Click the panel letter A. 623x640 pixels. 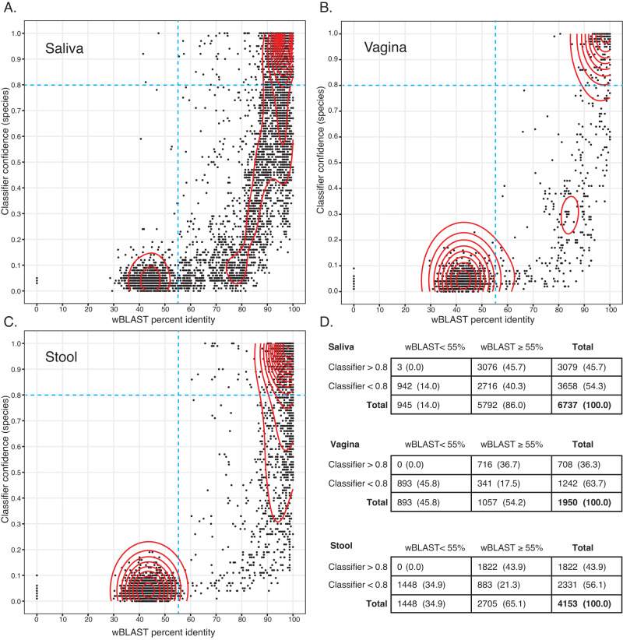[10, 9]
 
